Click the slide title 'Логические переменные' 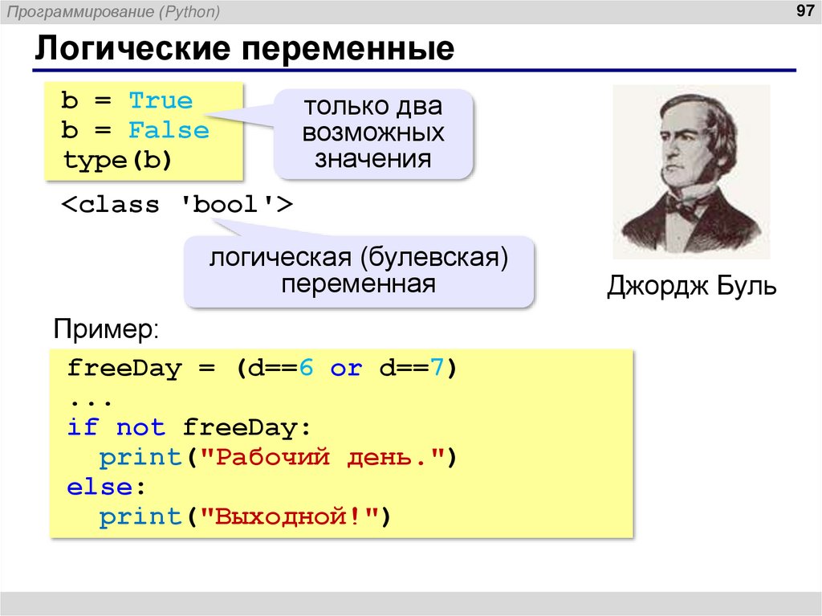(x=244, y=50)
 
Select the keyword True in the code (x=161, y=101)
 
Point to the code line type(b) (x=118, y=161)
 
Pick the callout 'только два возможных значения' (x=373, y=133)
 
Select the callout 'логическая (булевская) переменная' (x=359, y=271)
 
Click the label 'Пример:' (x=106, y=328)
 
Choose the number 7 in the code (x=437, y=369)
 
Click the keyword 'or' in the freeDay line (x=346, y=369)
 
